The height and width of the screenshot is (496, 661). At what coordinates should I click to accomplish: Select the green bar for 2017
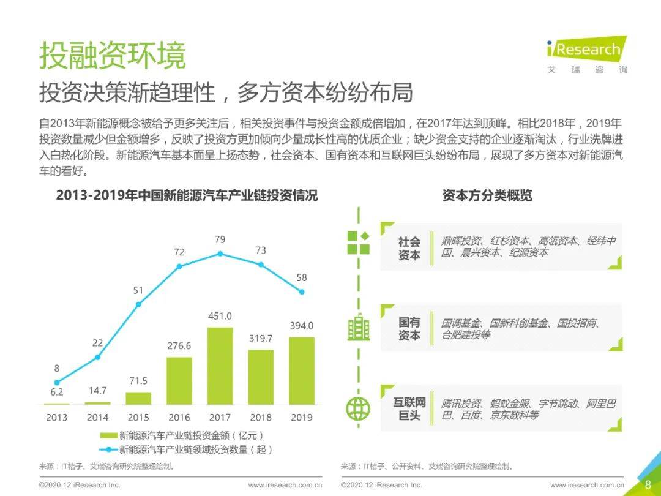[x=220, y=366]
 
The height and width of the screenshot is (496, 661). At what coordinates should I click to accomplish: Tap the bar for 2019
[x=302, y=370]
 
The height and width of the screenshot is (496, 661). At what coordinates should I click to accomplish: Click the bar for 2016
[x=179, y=380]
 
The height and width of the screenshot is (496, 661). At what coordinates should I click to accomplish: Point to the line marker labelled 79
[x=220, y=254]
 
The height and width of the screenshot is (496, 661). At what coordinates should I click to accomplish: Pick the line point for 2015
[x=138, y=304]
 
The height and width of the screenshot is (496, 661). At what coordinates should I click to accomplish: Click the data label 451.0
[x=220, y=317]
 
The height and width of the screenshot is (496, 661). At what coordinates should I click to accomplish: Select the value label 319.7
[x=261, y=338]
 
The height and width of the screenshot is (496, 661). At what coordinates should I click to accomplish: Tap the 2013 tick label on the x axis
[x=57, y=418]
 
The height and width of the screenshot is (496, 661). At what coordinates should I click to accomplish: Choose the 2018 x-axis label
[x=261, y=418]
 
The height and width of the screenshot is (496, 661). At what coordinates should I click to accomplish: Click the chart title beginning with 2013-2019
[x=187, y=196]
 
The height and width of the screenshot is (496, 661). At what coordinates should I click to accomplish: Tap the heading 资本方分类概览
[x=487, y=196]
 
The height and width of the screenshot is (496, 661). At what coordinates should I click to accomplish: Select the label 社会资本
[x=409, y=248]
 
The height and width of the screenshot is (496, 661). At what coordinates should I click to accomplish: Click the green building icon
[x=358, y=328]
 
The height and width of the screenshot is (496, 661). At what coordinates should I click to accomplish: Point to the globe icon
[x=358, y=408]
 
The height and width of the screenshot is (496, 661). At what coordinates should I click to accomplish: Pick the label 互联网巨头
[x=409, y=409]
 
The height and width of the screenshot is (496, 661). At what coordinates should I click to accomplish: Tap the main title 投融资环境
[x=113, y=56]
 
